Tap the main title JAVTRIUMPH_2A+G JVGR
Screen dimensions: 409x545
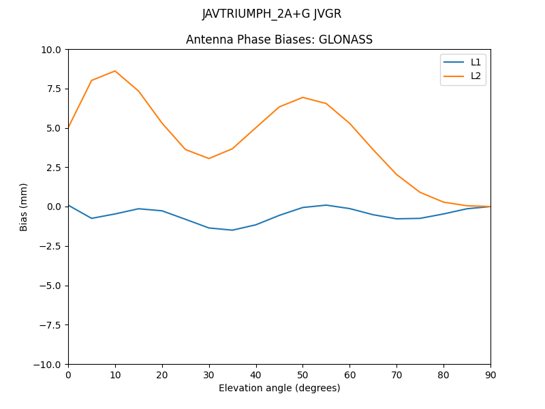(x=272, y=14)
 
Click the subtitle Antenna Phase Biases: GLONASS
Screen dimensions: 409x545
(x=279, y=40)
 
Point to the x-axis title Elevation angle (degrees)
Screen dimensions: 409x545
(x=279, y=388)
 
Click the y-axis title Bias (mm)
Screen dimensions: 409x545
(x=24, y=207)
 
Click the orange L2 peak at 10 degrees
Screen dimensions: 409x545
(x=115, y=71)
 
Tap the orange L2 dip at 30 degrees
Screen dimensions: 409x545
(x=209, y=159)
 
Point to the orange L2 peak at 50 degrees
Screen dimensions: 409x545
(x=302, y=97)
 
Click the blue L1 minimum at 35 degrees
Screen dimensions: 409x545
(x=232, y=230)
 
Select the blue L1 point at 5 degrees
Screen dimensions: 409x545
(x=91, y=218)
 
